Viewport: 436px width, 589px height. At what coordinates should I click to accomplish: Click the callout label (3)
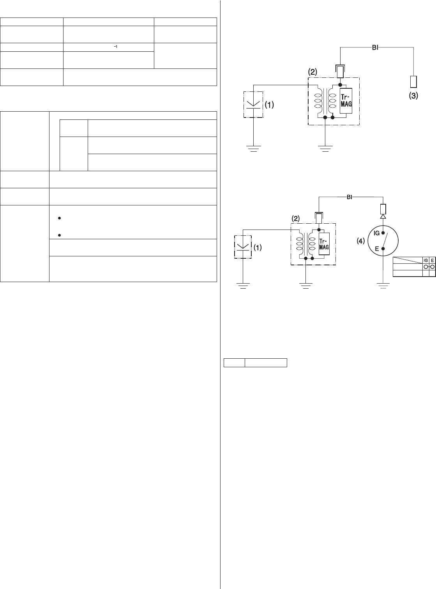tap(413, 96)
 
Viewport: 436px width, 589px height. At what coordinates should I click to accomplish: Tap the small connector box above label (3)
tap(413, 81)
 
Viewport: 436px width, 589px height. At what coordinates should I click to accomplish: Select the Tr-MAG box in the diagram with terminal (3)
tap(346, 100)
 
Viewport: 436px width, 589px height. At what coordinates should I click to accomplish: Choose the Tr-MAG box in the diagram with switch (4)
tap(324, 245)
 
